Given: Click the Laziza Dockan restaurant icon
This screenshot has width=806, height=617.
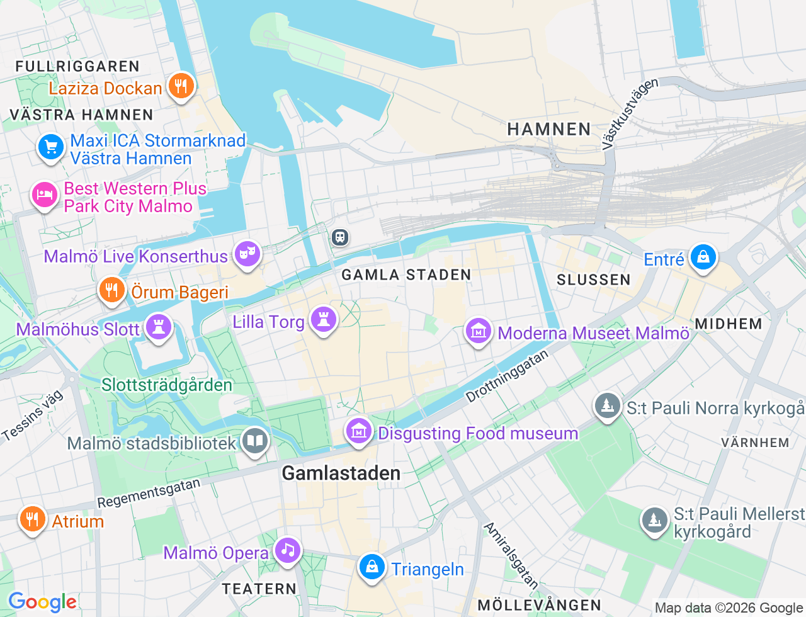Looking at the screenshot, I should point(181,86).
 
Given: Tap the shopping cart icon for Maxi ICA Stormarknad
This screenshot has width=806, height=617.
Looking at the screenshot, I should point(50,147).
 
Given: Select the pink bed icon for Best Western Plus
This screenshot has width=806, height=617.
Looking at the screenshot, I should point(44,195).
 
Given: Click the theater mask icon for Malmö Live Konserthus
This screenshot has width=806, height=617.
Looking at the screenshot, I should point(247,254).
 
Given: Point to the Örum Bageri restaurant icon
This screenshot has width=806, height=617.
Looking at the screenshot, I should point(111,290).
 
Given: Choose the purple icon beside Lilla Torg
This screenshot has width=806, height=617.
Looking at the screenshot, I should point(324,320).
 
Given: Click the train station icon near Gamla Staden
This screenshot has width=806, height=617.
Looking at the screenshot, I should point(340,237).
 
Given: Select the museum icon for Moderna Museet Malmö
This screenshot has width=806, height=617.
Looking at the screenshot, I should point(478,331).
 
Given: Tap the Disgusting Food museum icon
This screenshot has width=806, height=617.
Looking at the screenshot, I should point(359,431).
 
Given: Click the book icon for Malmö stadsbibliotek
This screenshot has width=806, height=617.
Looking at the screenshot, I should point(254,441).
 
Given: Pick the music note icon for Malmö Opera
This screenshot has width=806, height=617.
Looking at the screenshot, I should point(288,550).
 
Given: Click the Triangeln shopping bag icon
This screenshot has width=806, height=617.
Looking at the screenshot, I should point(372,567).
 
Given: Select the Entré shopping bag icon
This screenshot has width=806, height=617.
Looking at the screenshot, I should point(703,258).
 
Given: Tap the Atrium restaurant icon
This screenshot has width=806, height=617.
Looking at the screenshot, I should point(32,519).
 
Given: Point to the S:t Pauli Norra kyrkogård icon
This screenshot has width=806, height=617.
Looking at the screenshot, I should point(607,406).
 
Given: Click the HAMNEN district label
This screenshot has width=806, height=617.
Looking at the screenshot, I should point(549,129).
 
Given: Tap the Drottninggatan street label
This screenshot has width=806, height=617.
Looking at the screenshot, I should point(507,376).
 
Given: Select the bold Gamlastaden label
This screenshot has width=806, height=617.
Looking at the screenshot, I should point(341,473).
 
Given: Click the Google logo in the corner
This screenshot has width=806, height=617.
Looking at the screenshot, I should point(42,602).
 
